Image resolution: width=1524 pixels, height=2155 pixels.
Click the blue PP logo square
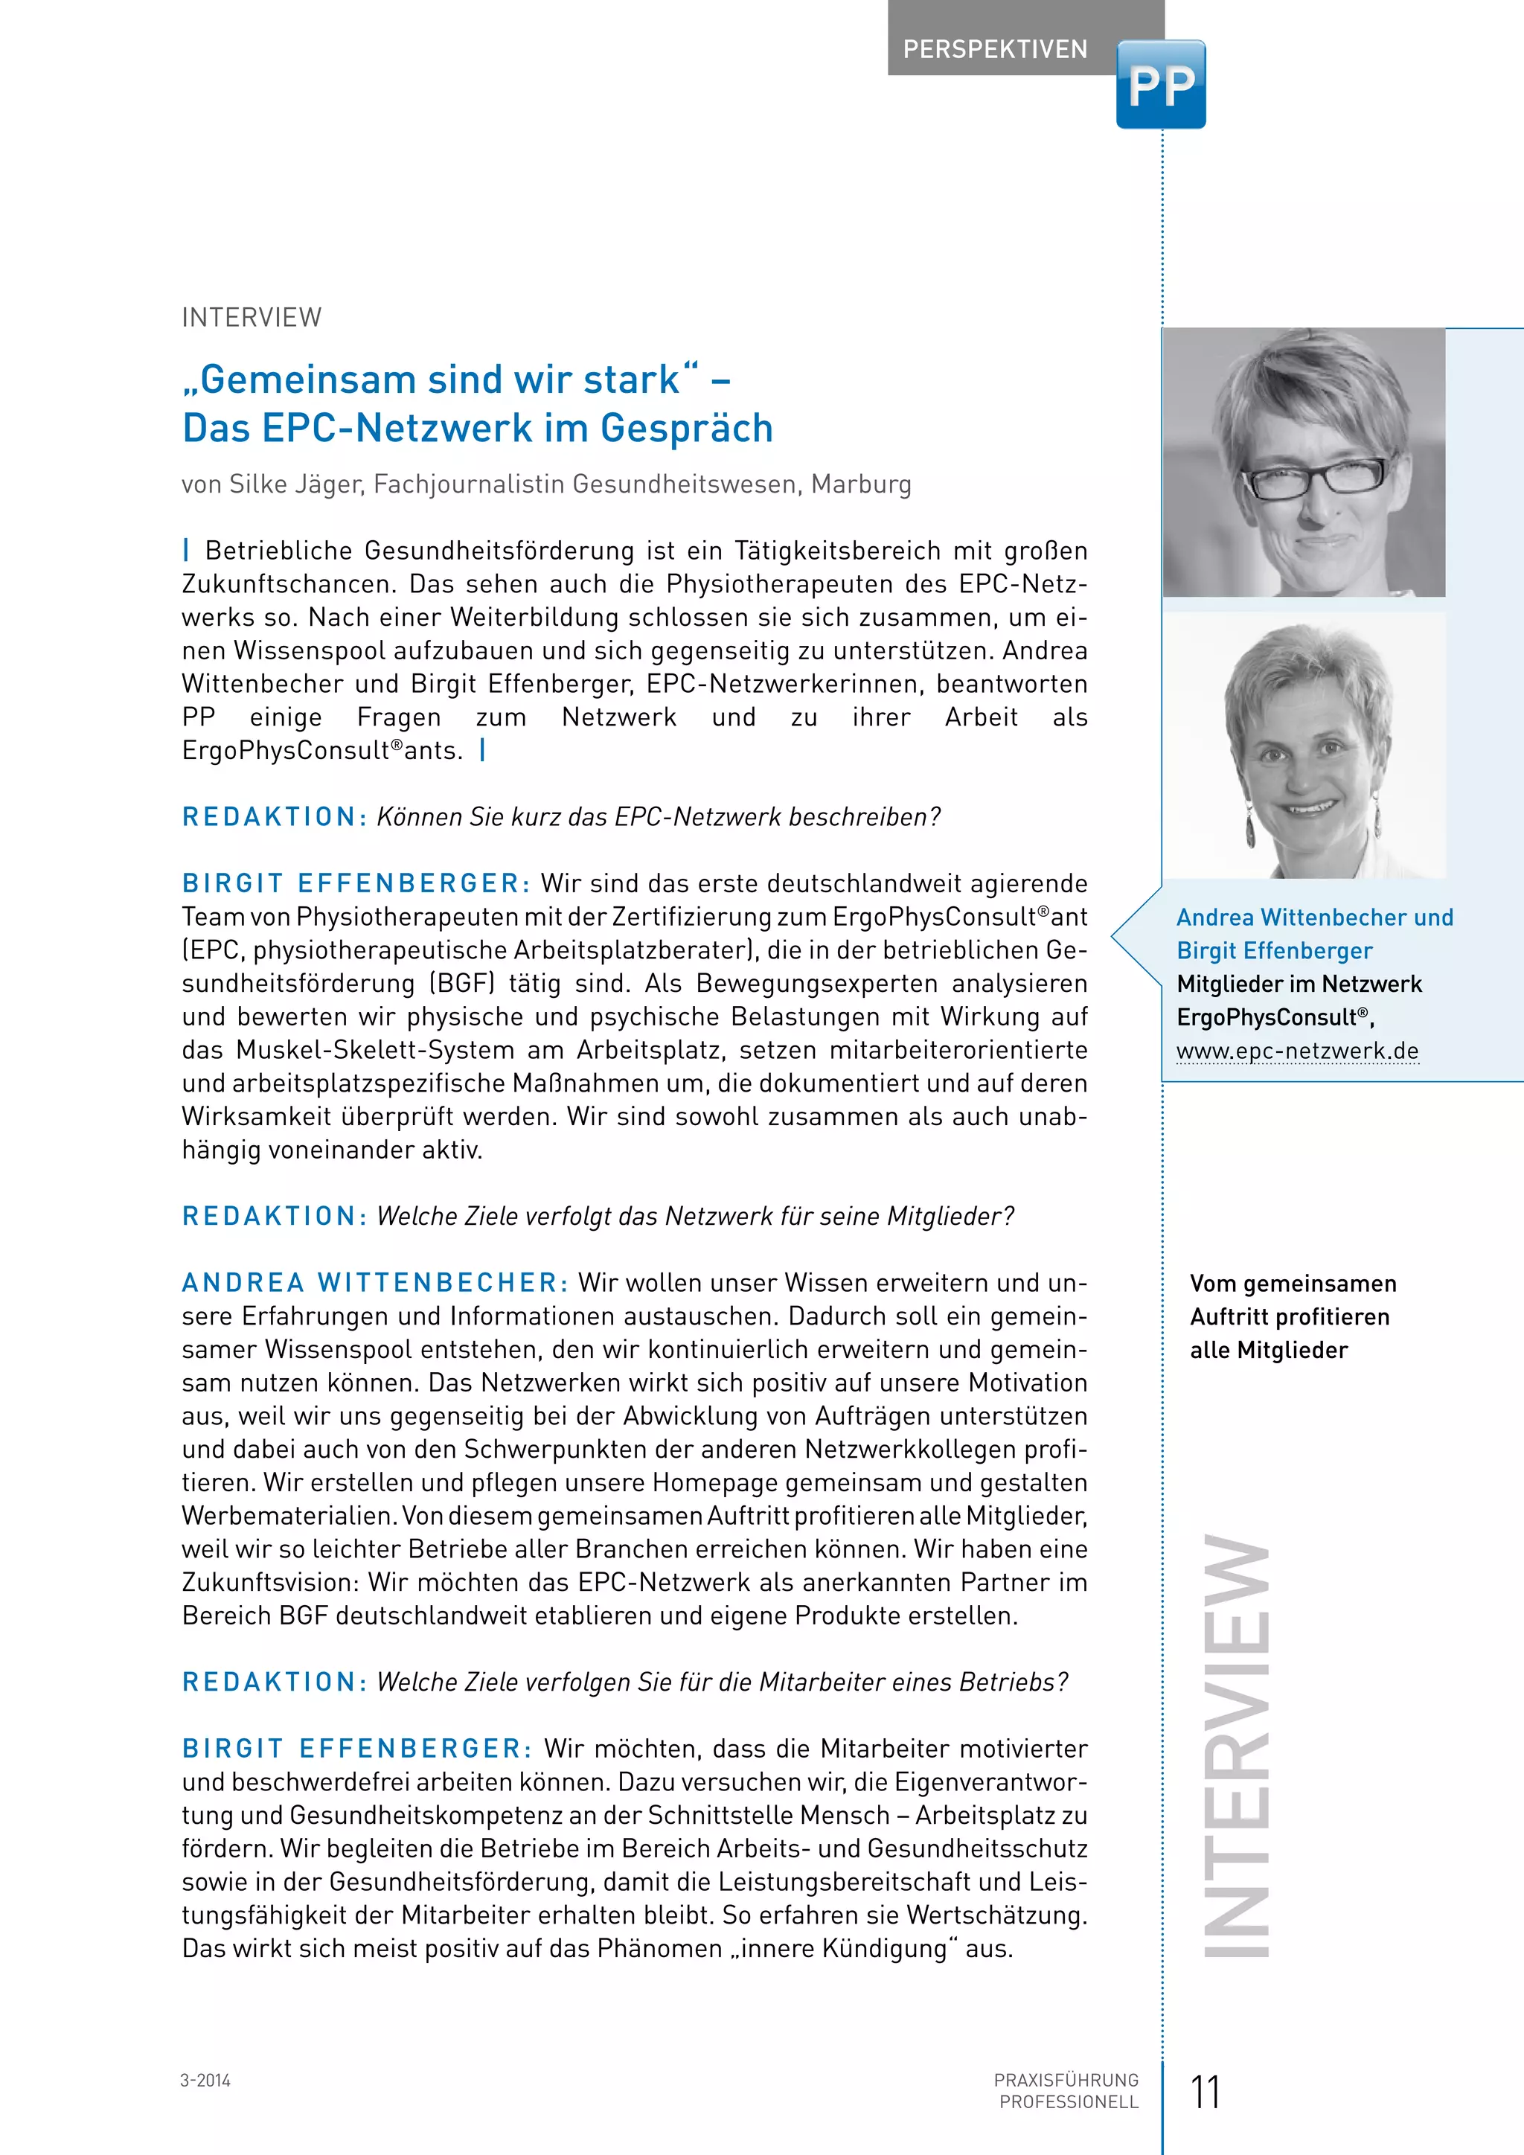pos(1161,85)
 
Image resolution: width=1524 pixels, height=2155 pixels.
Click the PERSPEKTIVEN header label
pos(995,49)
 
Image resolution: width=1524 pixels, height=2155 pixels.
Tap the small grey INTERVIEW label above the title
pos(252,317)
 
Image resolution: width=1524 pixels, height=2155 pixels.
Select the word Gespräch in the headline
pos(686,428)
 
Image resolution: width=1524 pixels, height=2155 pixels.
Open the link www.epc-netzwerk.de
pos(1297,1051)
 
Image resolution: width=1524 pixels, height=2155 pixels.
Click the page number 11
pos(1205,2092)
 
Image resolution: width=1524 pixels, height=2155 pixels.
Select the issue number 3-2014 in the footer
pos(205,2081)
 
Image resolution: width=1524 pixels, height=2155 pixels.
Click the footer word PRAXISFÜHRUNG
pos(1066,2081)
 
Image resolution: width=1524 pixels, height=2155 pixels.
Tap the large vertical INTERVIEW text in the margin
pos(1236,1746)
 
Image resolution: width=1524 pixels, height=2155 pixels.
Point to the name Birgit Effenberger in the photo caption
pos(1275,951)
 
